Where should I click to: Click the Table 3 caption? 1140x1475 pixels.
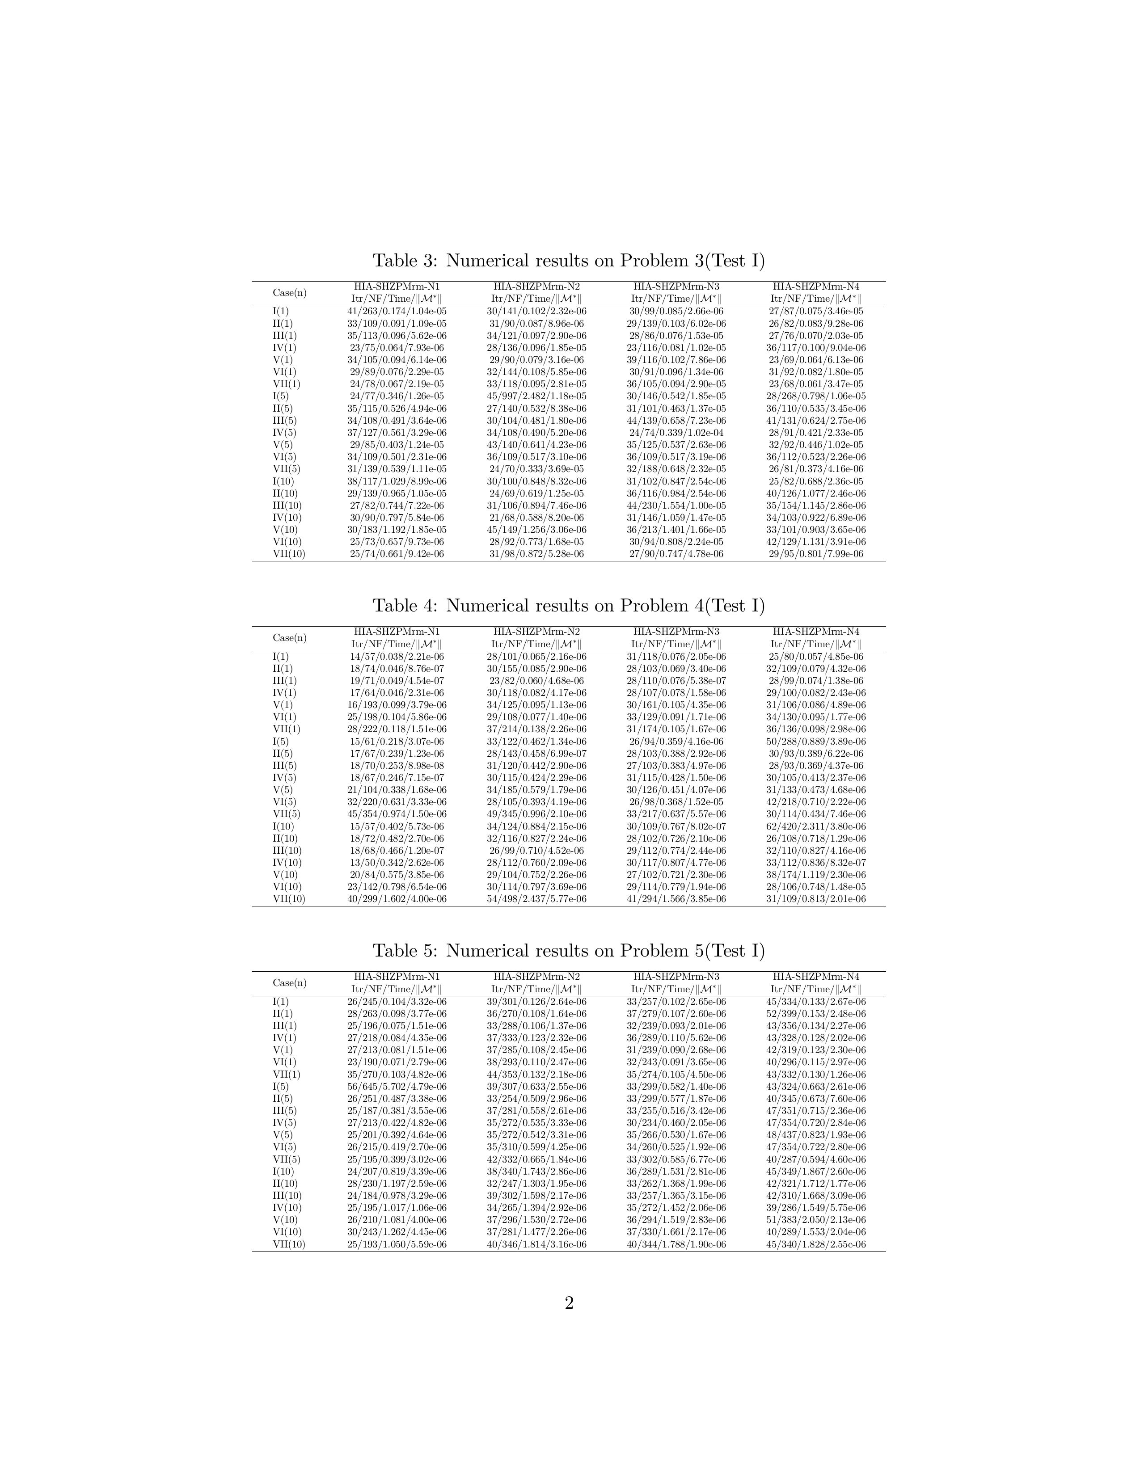point(569,261)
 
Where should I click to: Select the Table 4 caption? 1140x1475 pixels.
point(569,606)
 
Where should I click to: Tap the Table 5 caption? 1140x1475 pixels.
point(569,951)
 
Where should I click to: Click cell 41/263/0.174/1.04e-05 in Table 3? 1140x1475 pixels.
point(397,312)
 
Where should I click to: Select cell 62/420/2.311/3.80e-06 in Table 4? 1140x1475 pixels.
point(816,826)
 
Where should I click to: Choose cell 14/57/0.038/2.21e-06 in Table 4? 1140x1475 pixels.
point(397,657)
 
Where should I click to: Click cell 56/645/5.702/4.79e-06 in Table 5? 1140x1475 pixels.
point(397,1087)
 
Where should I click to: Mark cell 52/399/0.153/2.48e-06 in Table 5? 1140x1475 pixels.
point(816,1014)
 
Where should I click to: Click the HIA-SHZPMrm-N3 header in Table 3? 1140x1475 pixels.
point(676,287)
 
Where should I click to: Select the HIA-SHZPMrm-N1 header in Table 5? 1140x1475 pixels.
point(397,977)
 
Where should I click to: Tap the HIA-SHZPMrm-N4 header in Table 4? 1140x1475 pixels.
point(816,632)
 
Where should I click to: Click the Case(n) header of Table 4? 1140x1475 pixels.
point(289,637)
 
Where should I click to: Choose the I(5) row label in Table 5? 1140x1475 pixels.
point(280,1087)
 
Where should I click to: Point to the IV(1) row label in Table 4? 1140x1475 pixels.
point(283,693)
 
